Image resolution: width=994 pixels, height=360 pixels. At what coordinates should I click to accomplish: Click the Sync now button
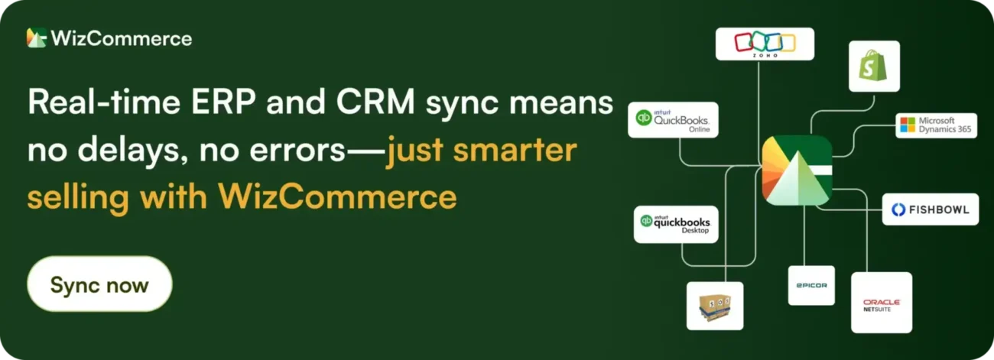(x=99, y=284)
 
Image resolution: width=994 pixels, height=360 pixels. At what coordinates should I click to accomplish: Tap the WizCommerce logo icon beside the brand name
(x=37, y=37)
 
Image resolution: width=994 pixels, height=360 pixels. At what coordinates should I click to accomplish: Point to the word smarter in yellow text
(x=514, y=151)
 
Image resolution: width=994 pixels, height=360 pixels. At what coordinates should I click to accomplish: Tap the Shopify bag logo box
(x=874, y=66)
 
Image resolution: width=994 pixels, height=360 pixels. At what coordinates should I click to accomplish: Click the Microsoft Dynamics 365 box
(x=936, y=125)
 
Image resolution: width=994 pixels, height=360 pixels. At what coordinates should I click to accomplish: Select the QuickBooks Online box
(x=673, y=120)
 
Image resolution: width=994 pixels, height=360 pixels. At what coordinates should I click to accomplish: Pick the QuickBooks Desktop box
(x=676, y=224)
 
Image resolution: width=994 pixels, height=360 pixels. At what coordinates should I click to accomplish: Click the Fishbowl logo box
(x=930, y=209)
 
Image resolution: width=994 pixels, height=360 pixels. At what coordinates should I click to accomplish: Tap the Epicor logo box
(x=811, y=285)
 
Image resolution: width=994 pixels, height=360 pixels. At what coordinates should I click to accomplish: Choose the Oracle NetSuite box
(x=881, y=303)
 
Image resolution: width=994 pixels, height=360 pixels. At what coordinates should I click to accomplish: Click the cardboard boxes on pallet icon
(x=714, y=306)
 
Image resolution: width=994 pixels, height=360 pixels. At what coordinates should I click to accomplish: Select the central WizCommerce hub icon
(x=797, y=170)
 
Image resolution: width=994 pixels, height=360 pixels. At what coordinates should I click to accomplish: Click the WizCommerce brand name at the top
(x=122, y=37)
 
